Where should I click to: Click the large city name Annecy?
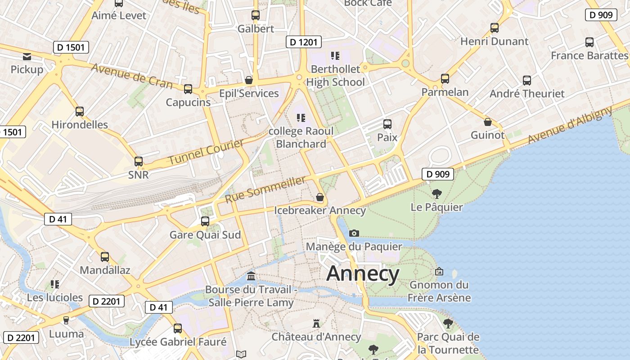(x=363, y=274)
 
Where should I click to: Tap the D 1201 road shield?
(x=304, y=42)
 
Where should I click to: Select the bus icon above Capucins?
(x=188, y=89)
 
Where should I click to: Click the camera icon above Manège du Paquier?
(x=354, y=233)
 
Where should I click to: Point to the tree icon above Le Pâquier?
(x=436, y=194)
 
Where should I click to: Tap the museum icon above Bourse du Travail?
(x=251, y=275)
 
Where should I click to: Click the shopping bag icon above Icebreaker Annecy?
(x=319, y=197)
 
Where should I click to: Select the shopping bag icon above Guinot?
(x=487, y=122)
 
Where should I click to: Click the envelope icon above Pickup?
(x=27, y=57)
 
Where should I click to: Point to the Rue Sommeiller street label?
(x=265, y=189)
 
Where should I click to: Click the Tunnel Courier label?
(x=206, y=152)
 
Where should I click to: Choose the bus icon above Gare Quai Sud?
(x=205, y=221)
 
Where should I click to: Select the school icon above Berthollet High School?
(x=335, y=55)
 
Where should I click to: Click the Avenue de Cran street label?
(x=131, y=76)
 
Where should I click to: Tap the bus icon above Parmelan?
(x=445, y=79)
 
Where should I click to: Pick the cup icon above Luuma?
(x=66, y=320)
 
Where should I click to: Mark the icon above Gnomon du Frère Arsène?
(x=439, y=271)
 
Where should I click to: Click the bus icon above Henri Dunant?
(x=494, y=28)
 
